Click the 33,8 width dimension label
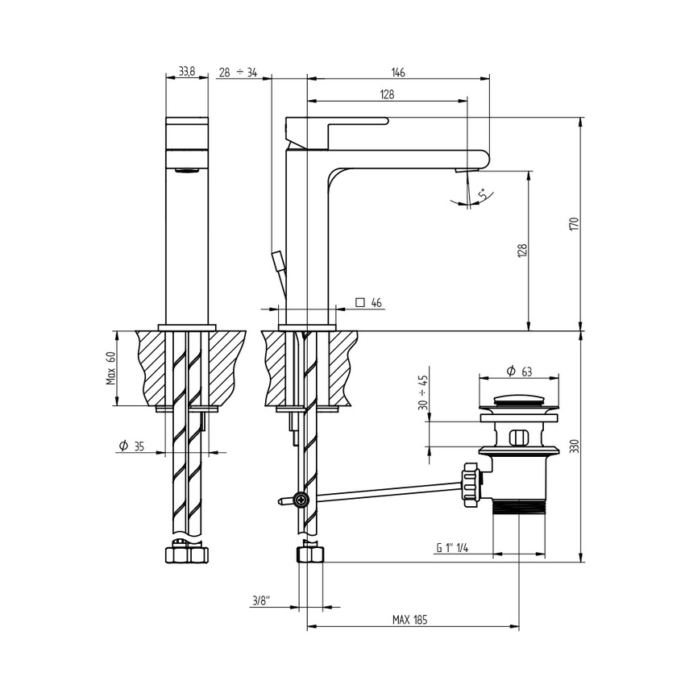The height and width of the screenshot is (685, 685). point(186,73)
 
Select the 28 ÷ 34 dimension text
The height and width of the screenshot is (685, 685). point(238,73)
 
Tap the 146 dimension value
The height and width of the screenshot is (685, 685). point(398,73)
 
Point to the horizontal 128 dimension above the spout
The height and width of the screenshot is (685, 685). point(387,95)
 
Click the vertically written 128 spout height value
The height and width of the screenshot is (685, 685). point(522,251)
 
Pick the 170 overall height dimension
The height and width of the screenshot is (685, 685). point(575,224)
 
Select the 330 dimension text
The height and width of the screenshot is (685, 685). point(575,447)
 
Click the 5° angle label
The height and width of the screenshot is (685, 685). point(482,194)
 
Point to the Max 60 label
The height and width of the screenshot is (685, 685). point(110,368)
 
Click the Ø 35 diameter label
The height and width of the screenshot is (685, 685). point(131,446)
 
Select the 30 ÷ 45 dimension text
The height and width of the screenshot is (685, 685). point(423,392)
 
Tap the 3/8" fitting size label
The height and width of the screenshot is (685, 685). point(261,600)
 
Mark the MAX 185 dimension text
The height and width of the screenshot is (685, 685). point(409,621)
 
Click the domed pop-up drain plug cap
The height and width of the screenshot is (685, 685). point(519,399)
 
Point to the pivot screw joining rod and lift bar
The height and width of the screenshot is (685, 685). point(301,500)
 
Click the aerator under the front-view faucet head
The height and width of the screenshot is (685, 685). point(187,170)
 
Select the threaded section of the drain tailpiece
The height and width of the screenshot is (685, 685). point(519,506)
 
